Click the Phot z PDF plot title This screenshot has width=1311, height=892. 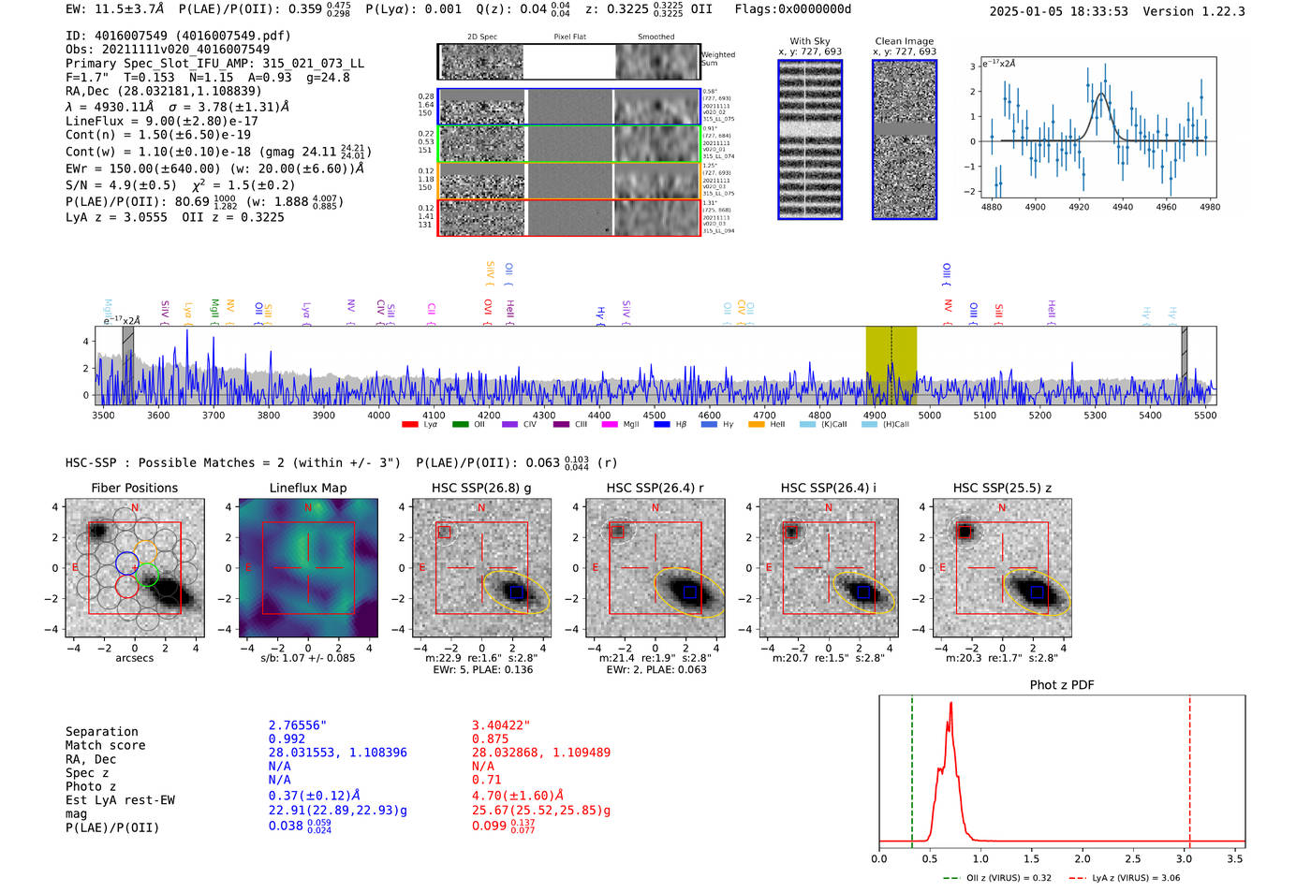(x=1062, y=684)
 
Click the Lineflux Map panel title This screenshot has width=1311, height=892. (x=308, y=488)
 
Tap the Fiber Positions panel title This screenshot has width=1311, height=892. (x=134, y=488)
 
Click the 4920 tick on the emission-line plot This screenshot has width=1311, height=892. (x=1079, y=207)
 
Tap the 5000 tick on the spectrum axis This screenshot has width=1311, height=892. (x=930, y=415)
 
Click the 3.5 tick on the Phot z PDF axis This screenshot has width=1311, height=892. (x=1235, y=858)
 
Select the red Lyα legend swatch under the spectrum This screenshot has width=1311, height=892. (x=409, y=425)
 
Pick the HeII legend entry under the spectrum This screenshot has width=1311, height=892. (x=757, y=425)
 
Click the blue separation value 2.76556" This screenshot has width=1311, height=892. (x=298, y=725)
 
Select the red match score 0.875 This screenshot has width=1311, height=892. (x=491, y=738)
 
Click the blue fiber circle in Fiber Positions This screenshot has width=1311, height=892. (x=127, y=563)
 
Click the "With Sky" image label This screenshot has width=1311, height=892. (x=809, y=41)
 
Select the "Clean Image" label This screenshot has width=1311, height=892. (x=904, y=41)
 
